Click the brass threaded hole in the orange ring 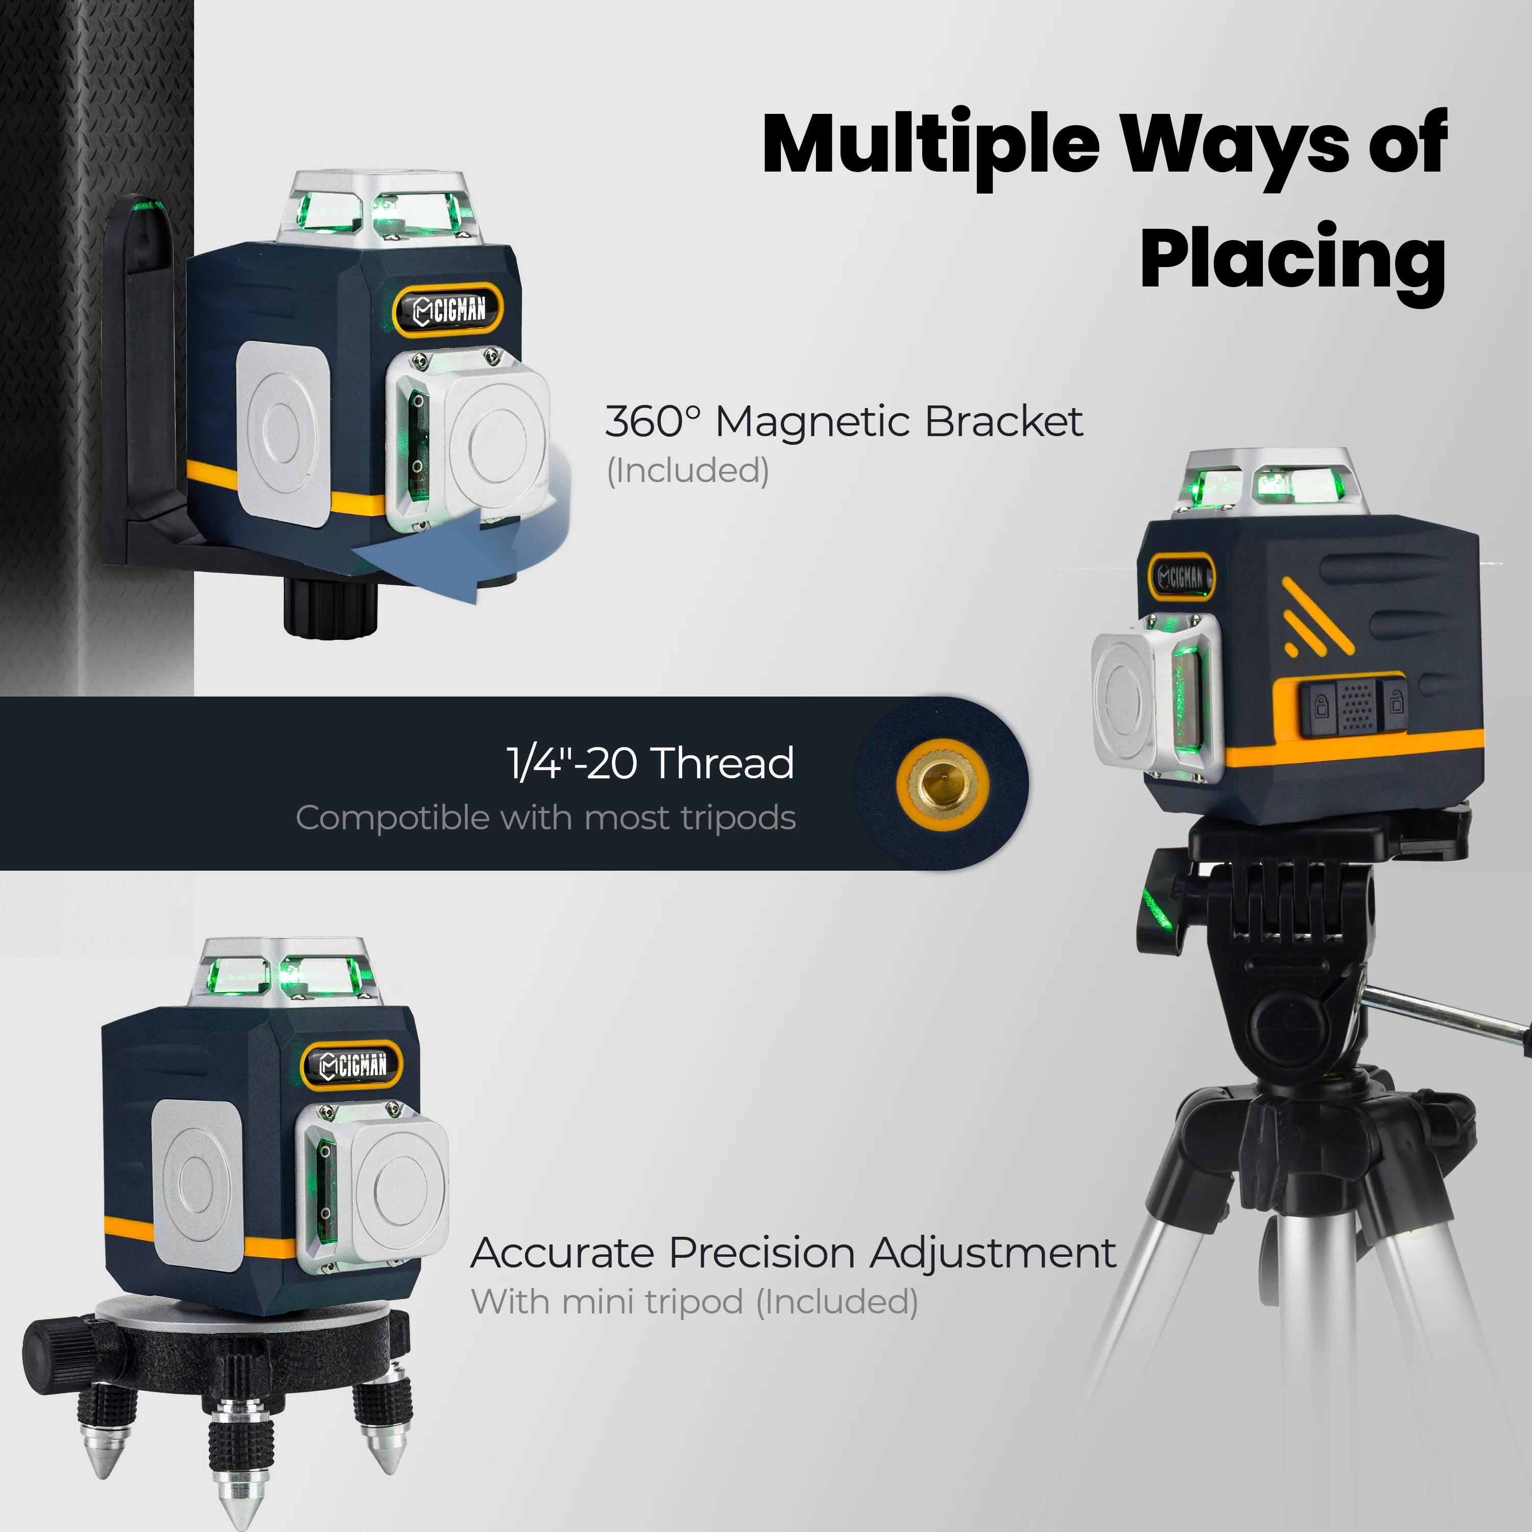click(x=942, y=783)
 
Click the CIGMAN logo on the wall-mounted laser click(x=449, y=309)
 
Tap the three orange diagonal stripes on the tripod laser click(x=1316, y=618)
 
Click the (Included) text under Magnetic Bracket click(x=687, y=470)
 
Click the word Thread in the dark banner click(x=724, y=763)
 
